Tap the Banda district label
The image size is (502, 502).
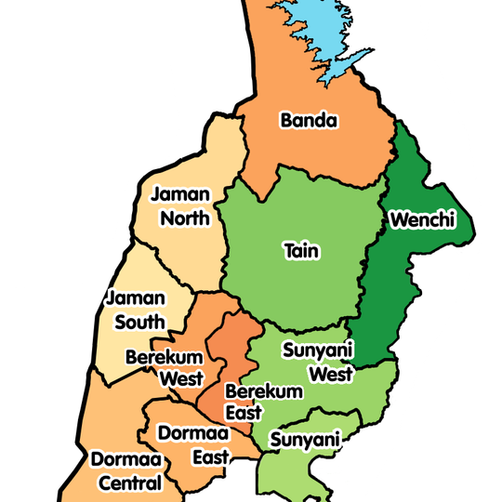pos(308,120)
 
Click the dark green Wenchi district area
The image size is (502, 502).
pos(390,297)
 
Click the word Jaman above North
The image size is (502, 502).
pos(180,196)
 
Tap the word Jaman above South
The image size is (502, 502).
pos(136,299)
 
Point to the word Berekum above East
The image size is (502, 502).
pos(263,391)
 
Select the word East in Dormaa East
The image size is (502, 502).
pos(211,456)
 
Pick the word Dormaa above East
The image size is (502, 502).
pos(190,433)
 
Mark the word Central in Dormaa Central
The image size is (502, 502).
pos(127,482)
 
